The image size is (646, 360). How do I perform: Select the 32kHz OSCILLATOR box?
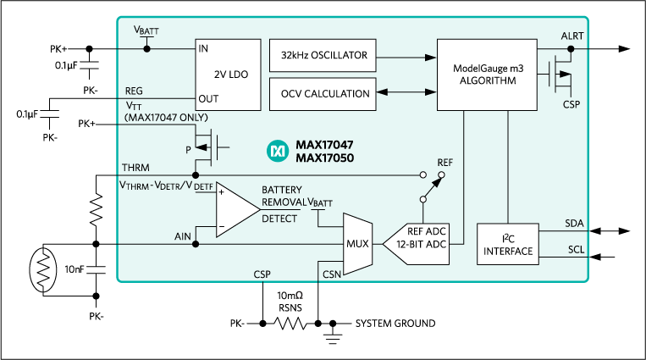(323, 56)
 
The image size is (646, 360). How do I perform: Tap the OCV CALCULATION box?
(323, 94)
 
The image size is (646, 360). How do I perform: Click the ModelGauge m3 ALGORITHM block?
(486, 74)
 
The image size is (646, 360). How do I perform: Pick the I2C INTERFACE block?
(508, 245)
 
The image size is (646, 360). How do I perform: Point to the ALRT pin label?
(572, 36)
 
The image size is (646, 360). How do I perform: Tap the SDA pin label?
(574, 223)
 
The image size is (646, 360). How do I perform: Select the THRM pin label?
(137, 167)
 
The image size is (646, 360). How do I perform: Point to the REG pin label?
(135, 90)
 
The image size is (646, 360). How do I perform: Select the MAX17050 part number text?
(324, 158)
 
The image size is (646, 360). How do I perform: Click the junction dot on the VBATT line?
(146, 48)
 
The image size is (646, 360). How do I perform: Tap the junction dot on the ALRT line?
(571, 48)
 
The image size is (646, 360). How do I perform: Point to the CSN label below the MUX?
(332, 274)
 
